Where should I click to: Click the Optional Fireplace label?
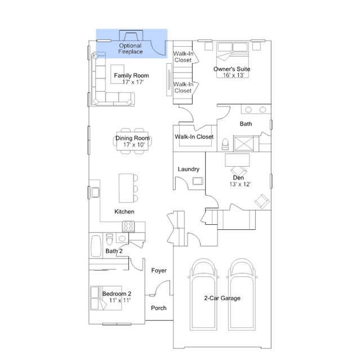click(130, 48)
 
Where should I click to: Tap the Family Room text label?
click(131, 75)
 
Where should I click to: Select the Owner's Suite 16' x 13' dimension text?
click(233, 75)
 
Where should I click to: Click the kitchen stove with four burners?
click(128, 226)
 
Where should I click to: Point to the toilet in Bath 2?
click(109, 239)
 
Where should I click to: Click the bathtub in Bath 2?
click(96, 246)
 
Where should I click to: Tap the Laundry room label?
click(189, 169)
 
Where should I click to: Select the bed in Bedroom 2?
click(106, 298)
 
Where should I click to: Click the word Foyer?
click(159, 270)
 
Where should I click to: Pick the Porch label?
click(159, 308)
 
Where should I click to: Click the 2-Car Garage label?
click(222, 298)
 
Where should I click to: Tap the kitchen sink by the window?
click(95, 193)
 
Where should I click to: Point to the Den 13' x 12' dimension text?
click(240, 184)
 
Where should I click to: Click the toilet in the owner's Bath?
click(225, 144)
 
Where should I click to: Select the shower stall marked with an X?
click(243, 144)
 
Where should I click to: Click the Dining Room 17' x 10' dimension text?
click(134, 145)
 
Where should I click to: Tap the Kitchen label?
click(124, 211)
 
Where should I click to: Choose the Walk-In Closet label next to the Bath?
click(194, 136)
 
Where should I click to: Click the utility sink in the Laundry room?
click(198, 181)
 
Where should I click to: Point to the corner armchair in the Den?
click(262, 201)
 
